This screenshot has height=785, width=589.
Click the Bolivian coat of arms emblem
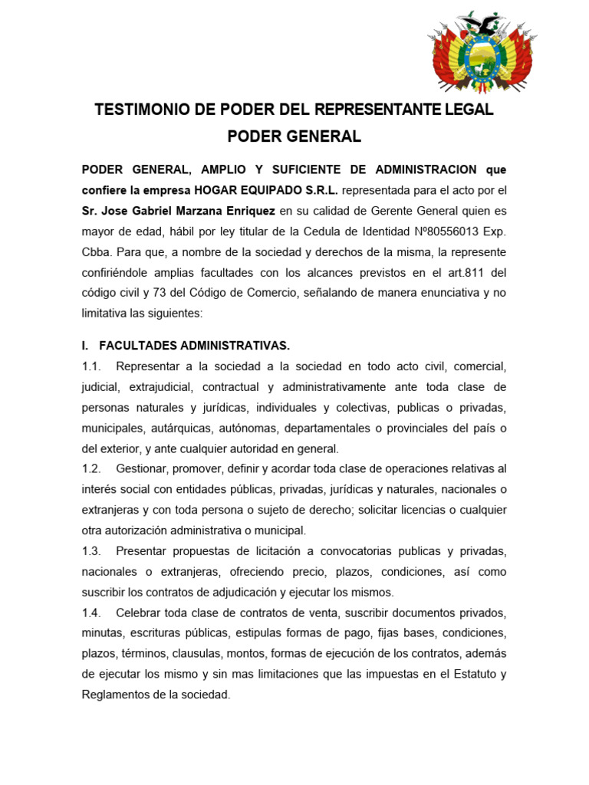coord(482,51)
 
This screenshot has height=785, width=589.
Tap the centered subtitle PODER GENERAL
coord(294,137)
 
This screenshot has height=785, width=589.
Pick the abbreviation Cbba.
coord(96,252)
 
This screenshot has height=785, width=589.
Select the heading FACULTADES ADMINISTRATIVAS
coord(194,346)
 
